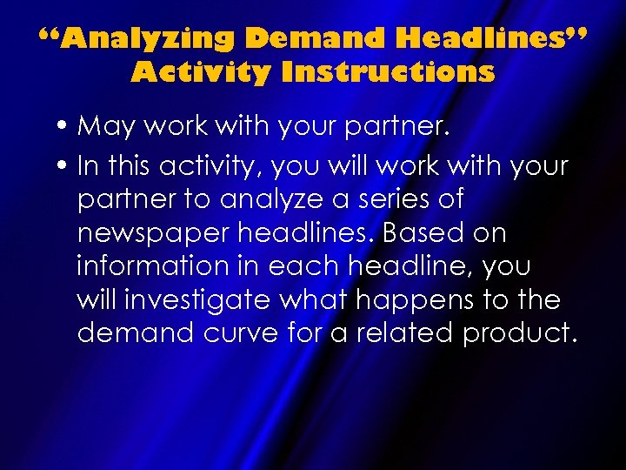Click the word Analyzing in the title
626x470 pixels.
click(143, 38)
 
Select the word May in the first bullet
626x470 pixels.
click(103, 127)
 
